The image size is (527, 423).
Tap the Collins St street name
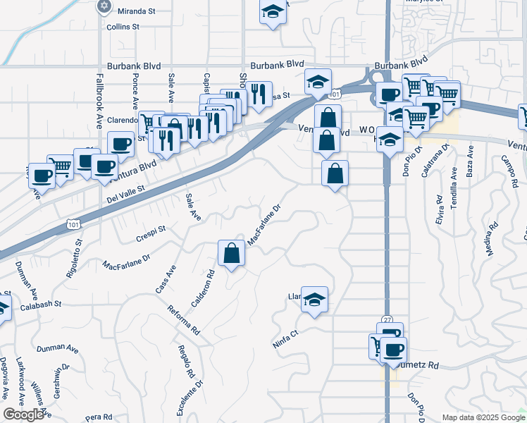click(123, 27)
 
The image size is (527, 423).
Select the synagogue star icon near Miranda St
click(104, 6)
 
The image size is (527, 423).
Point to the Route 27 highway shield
click(387, 319)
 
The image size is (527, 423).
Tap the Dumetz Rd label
click(423, 366)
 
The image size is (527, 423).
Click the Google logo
click(23, 415)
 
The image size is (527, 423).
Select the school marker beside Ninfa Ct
click(315, 299)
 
